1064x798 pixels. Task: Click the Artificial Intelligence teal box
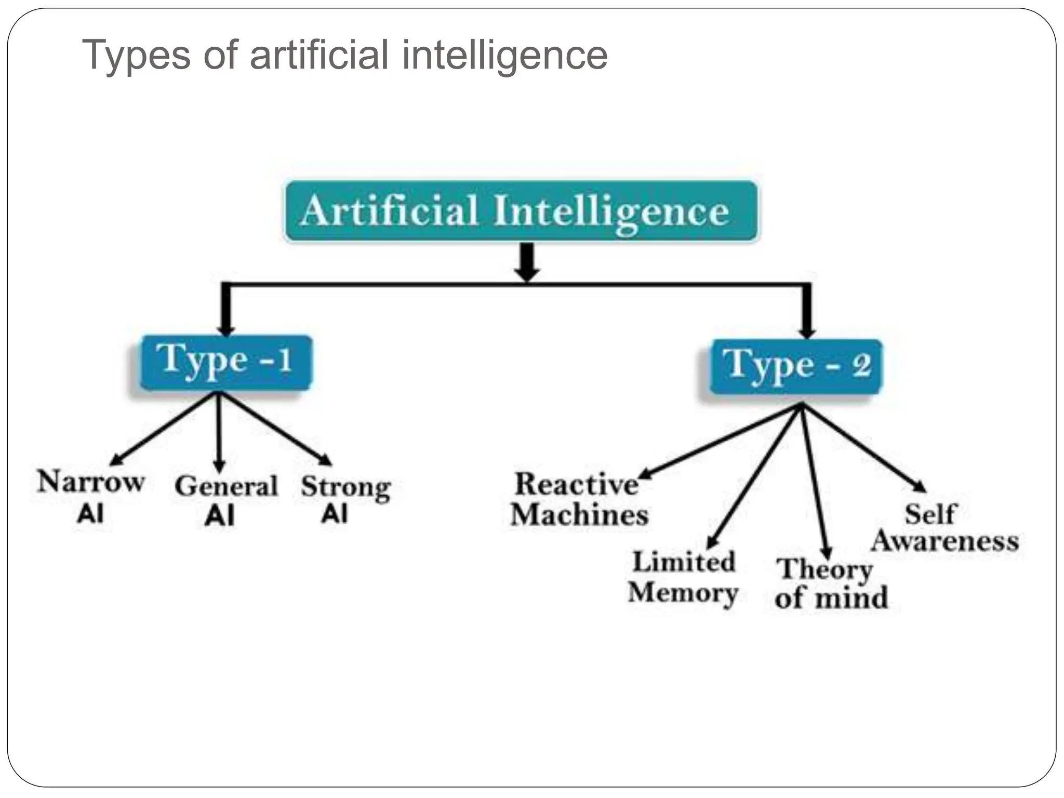point(521,210)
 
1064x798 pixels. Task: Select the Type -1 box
point(226,362)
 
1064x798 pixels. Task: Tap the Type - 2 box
point(796,366)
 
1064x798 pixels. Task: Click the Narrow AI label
point(91,495)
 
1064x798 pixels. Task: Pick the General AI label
point(225,499)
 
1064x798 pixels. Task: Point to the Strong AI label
point(345,498)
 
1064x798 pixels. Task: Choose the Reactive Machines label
point(579,499)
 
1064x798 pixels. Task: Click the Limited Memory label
point(683,577)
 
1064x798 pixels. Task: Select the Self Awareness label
point(944,528)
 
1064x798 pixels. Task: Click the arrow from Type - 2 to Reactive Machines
point(722,441)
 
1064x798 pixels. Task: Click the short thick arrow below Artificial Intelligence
point(527,262)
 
